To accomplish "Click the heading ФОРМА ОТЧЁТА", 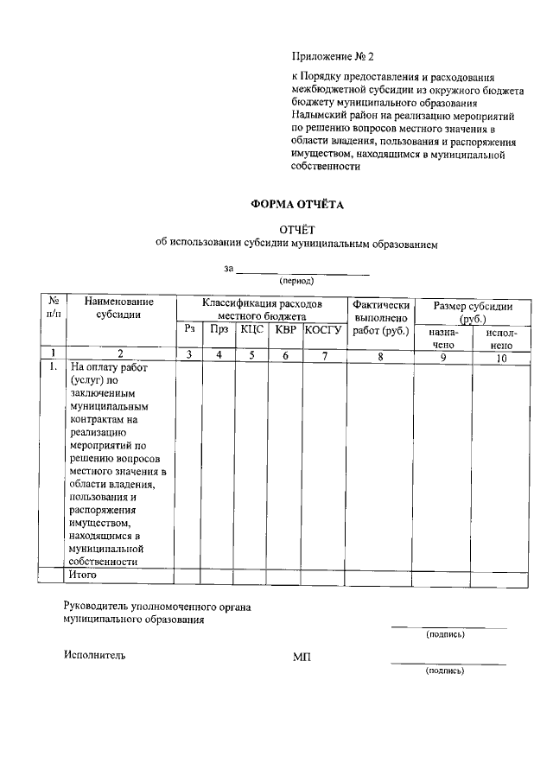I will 296,205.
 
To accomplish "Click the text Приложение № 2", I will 333,57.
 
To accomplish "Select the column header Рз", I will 188,329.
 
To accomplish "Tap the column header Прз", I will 219,329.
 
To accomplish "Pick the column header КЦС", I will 252,329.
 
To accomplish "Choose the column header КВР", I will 285,329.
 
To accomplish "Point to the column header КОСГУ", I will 324,329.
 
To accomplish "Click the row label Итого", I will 84,574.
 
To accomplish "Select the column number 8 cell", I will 379,353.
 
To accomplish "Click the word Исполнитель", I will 94,655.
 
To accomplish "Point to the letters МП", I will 302,657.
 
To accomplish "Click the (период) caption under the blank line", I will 296,281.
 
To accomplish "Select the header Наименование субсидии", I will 119,308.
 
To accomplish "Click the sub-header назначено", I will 443,338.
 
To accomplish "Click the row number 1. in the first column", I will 53,366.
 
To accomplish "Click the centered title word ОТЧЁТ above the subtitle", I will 296,230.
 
